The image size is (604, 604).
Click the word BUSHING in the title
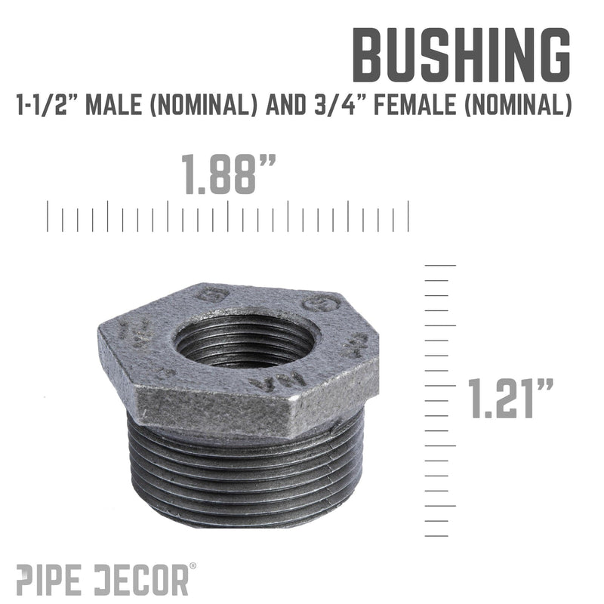[461, 57]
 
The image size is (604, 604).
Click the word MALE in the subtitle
[111, 106]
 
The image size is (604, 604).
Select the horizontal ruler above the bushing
[228, 215]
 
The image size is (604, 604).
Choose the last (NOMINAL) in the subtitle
[521, 106]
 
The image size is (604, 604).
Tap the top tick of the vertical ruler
[441, 265]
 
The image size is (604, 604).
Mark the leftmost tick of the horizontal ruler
[48, 215]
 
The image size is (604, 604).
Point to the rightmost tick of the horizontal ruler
[408, 215]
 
